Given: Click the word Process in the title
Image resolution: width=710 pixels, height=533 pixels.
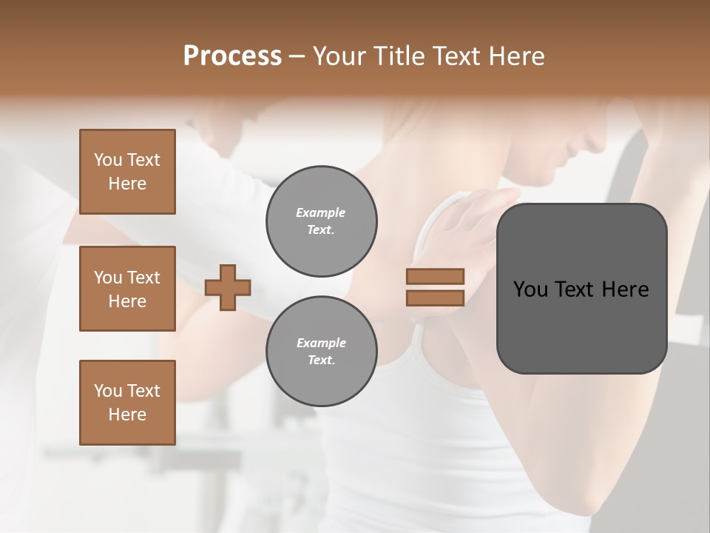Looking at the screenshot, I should pos(232,56).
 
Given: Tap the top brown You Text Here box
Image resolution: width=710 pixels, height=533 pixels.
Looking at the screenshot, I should pos(127,172).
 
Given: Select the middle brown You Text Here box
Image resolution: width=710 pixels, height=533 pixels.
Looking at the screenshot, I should pos(127,289).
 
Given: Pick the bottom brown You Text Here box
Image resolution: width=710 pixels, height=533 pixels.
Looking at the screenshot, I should pos(127,403).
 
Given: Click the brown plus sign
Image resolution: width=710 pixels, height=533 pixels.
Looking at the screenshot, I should pos(228,286).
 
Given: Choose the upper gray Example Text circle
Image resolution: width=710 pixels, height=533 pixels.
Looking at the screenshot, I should pos(321,221).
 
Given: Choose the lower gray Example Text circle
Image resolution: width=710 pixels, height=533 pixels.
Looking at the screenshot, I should pos(321,352).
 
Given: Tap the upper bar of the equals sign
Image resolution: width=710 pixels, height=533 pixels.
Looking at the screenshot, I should pos(436,276).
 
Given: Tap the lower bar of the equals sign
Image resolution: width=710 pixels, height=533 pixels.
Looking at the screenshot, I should pos(436,298).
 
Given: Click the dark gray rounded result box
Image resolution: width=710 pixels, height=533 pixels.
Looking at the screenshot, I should pos(581,318).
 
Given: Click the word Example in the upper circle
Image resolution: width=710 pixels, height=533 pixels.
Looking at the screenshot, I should pos(321,212).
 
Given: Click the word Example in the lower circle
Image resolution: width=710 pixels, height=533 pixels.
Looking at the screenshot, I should pos(321,343).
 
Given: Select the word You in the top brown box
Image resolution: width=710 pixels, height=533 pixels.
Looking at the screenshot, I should pos(108,160).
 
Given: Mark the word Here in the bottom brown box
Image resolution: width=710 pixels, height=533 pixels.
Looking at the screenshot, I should pos(127,415).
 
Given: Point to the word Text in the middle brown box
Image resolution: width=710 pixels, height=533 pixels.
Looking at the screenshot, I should pos(143,278).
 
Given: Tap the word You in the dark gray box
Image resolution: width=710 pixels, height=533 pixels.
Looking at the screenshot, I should pos(530,289).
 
